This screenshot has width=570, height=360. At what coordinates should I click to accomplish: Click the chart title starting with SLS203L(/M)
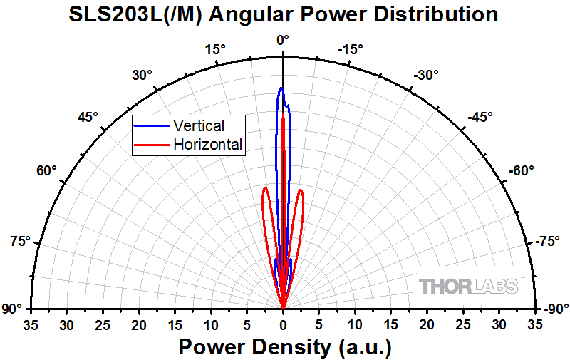click(283, 14)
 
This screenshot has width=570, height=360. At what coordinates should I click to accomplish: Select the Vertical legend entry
click(198, 126)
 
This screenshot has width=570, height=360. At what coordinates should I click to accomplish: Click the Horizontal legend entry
click(208, 145)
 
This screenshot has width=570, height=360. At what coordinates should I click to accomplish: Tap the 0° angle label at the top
click(283, 41)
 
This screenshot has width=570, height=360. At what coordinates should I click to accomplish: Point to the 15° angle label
click(214, 49)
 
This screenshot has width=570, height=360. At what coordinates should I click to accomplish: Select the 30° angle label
click(142, 75)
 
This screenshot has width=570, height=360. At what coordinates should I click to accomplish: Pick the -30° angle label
click(426, 75)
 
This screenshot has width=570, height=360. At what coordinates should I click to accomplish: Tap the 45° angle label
click(88, 117)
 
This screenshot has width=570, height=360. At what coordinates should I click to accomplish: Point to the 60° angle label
click(47, 171)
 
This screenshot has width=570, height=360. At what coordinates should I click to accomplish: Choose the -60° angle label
click(522, 171)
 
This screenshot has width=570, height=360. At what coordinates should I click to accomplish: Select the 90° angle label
click(13, 309)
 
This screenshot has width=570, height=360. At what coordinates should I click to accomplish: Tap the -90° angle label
click(556, 309)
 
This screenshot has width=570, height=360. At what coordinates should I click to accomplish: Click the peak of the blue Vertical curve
click(281, 88)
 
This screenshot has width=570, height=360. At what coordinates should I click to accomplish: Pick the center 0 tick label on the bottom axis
click(283, 325)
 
